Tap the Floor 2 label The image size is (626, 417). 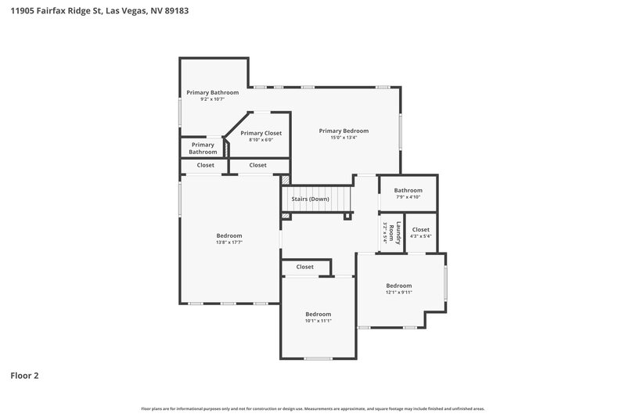pos(24,376)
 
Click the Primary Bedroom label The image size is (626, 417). pos(344,131)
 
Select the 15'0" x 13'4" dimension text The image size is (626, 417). pos(344,138)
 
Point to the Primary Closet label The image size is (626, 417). pos(261,133)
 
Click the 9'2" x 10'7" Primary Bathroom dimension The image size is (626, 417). pos(213,99)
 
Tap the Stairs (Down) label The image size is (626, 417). pos(311,199)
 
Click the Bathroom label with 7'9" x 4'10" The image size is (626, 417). pos(408,190)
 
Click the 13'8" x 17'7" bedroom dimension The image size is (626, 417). pos(229,243)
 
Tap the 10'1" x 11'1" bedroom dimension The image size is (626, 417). pos(318,321)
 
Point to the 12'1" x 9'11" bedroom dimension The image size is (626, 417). pos(398,293)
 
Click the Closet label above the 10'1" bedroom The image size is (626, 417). pos(305,267)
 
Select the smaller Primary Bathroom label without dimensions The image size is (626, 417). pos(203,148)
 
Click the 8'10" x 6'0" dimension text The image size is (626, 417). pos(261,140)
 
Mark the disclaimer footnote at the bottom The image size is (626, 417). pos(313,408)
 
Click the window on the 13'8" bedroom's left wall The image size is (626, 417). pos(181,200)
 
